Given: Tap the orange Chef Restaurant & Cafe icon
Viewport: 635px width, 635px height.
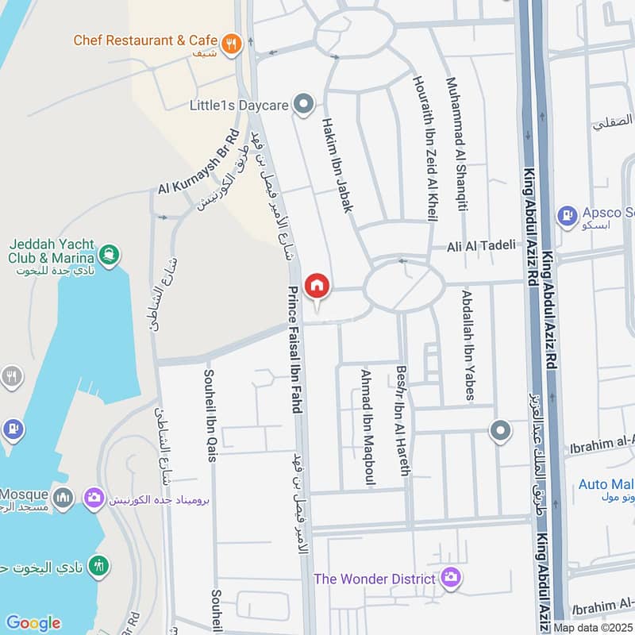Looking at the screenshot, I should point(232,44).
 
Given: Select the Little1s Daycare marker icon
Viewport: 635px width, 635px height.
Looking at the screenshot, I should point(302,104).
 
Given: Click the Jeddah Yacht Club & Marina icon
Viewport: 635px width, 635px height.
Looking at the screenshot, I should point(110,255).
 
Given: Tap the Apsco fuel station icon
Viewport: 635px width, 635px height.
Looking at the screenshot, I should point(567,214).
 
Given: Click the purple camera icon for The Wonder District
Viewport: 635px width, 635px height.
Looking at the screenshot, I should point(451,577).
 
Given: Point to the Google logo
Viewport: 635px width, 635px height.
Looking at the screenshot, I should point(33,623).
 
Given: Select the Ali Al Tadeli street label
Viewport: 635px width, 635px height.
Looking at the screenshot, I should point(481,245).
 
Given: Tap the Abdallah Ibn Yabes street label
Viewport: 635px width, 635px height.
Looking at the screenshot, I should point(468,344).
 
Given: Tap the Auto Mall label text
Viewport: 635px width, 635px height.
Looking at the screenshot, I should point(606,484).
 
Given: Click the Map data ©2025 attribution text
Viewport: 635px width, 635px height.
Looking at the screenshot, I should point(593,627).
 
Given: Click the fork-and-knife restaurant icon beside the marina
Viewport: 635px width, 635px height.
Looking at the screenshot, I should point(11,376).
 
